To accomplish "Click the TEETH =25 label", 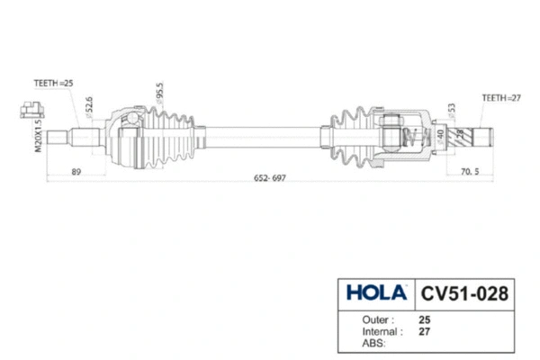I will click(x=52, y=81).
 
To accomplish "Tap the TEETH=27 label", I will click(x=501, y=96).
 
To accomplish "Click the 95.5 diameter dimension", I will click(x=159, y=94).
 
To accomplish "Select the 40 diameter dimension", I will click(x=438, y=136).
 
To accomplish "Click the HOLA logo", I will click(x=373, y=293).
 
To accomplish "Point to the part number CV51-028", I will click(x=465, y=293).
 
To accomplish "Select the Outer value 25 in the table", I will click(x=424, y=319).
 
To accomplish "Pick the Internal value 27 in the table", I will click(x=424, y=331).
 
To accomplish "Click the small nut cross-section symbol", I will click(x=31, y=110).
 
